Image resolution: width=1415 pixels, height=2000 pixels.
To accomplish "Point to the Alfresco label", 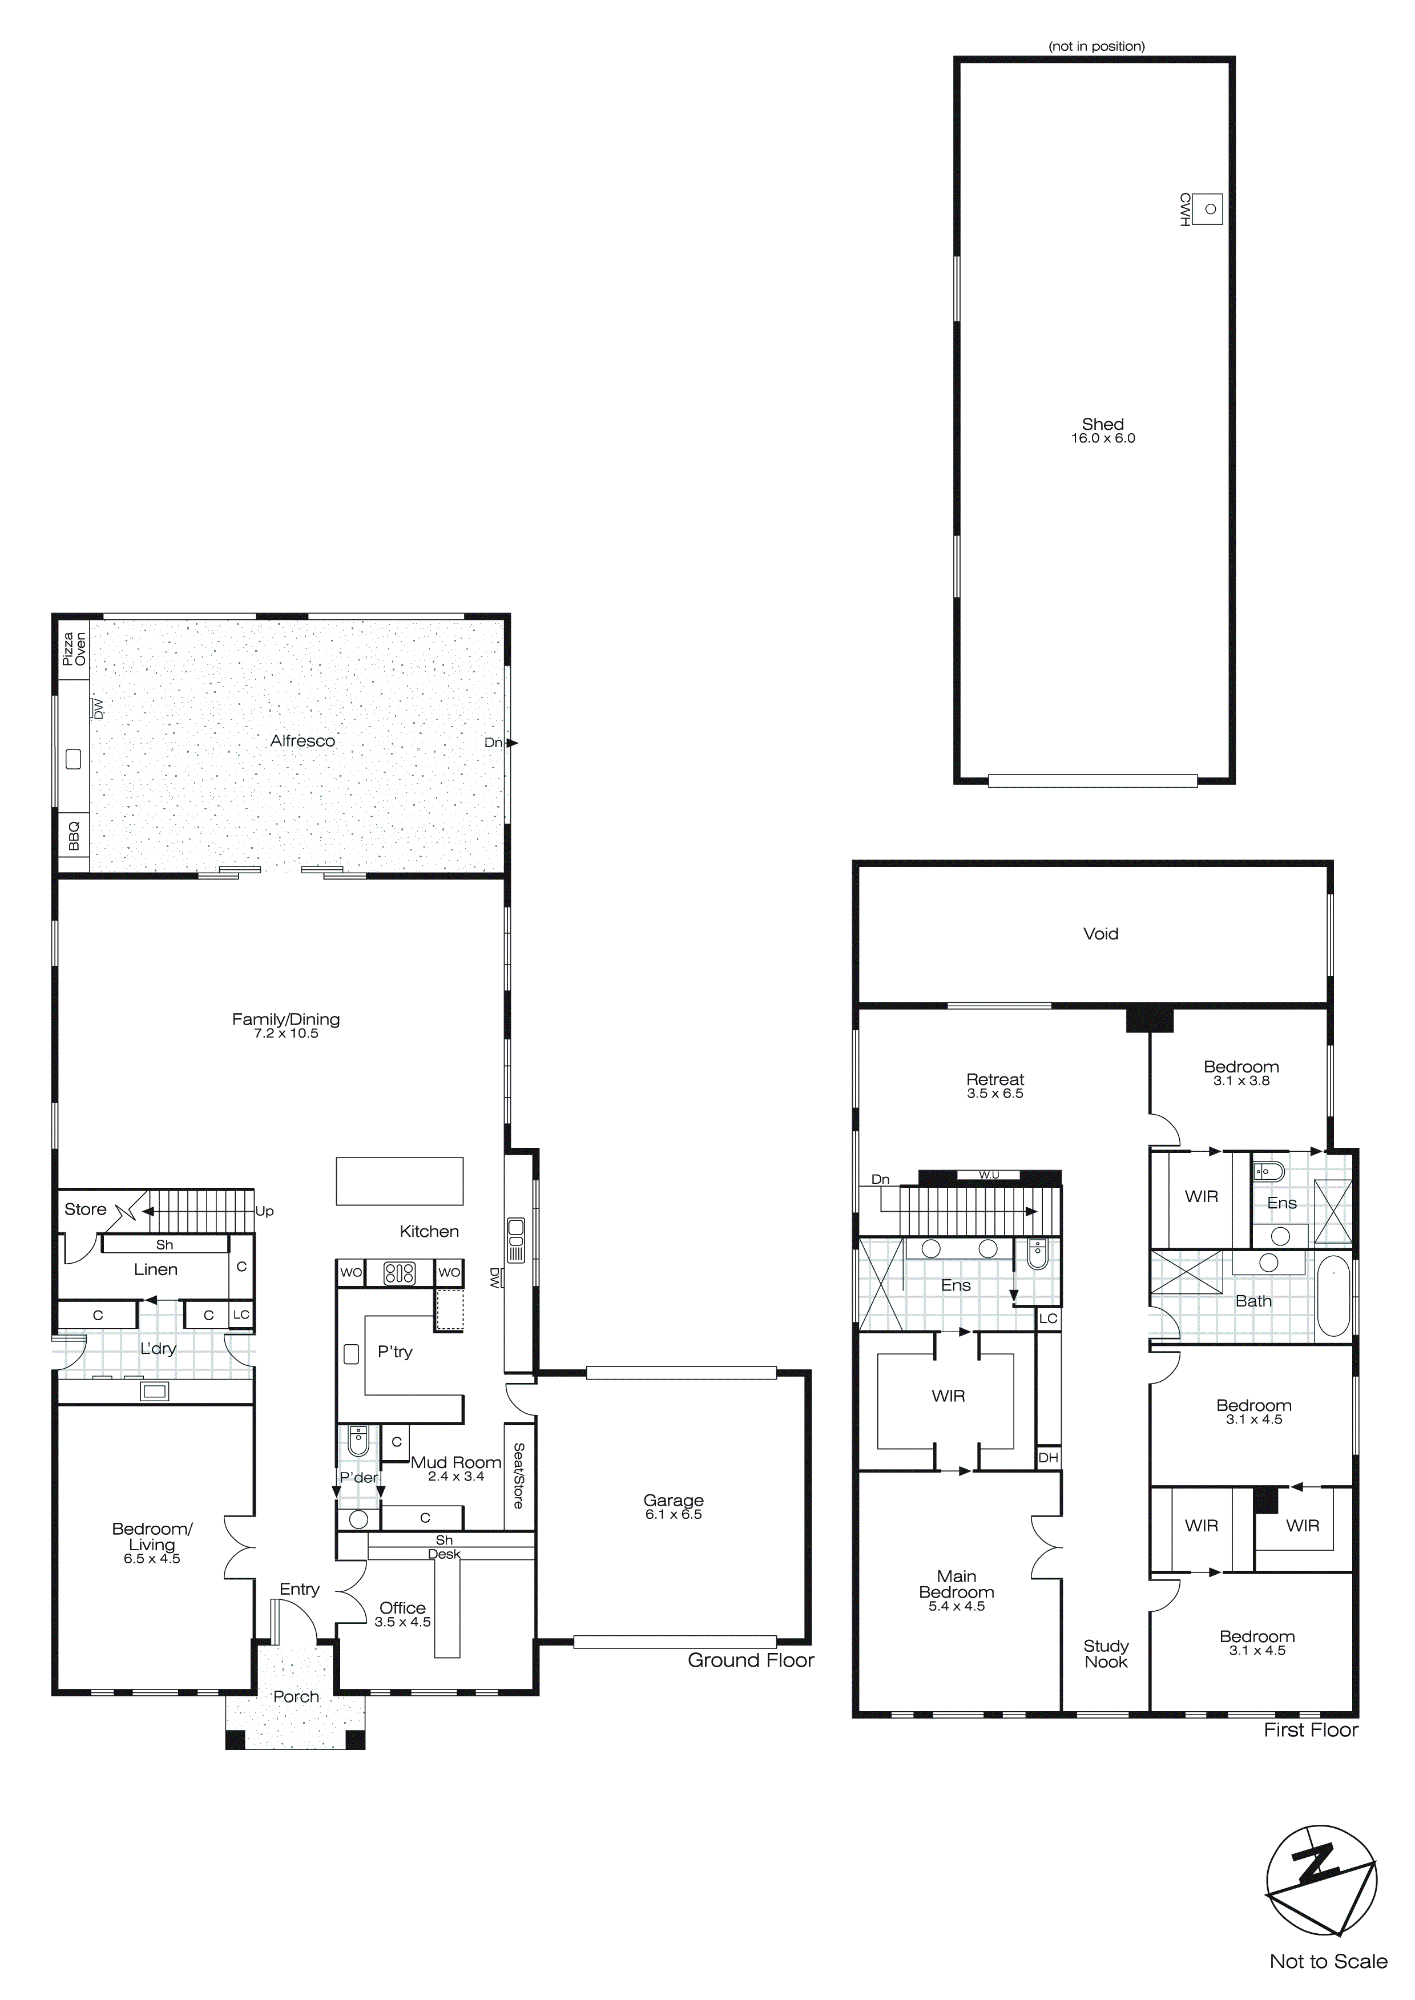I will click(x=303, y=740).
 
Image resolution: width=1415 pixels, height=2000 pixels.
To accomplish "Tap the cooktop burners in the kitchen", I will click(x=400, y=1273).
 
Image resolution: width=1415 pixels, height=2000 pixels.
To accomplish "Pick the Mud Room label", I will click(x=455, y=1462).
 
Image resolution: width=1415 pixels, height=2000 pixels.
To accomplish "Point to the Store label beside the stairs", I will click(x=86, y=1209).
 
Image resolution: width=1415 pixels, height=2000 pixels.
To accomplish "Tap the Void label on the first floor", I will click(x=1100, y=934).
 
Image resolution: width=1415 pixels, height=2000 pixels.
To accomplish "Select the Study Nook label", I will click(x=1106, y=1654).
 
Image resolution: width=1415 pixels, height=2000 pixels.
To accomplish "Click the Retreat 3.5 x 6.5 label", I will click(x=994, y=1086).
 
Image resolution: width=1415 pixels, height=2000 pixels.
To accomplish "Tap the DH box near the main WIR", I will click(x=1048, y=1457).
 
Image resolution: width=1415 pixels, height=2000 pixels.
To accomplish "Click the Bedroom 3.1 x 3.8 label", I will click(x=1241, y=1072).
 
